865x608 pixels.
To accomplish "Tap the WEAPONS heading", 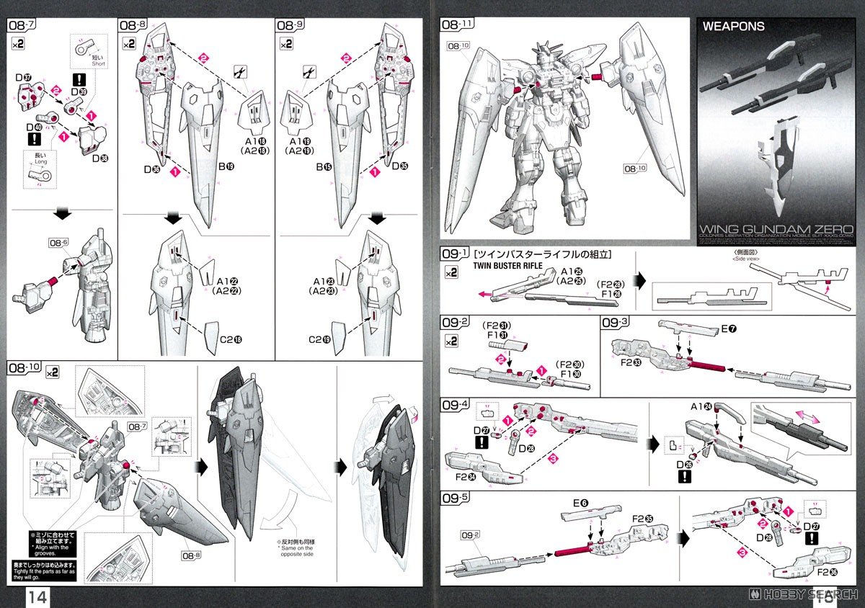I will click(733, 27).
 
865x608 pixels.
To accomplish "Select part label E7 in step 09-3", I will click(729, 330).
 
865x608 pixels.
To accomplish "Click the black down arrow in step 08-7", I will click(63, 213).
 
